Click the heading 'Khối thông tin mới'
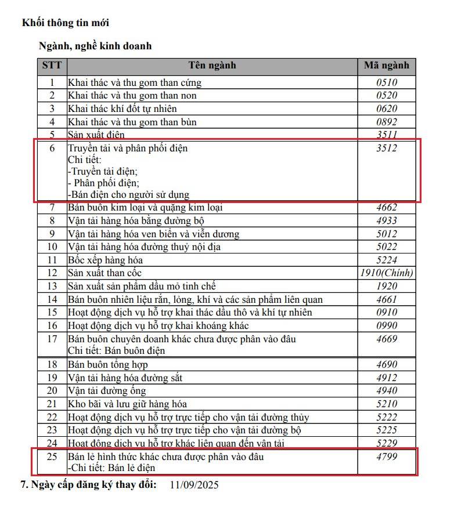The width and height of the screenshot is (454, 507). (x=66, y=23)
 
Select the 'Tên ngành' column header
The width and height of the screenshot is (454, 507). (x=212, y=65)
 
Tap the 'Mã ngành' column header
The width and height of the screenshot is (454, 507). (x=387, y=65)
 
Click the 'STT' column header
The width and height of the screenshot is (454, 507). (x=52, y=65)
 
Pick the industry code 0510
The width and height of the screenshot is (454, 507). (x=387, y=82)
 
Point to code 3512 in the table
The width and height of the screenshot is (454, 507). (x=387, y=148)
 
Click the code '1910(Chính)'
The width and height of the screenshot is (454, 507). (x=387, y=273)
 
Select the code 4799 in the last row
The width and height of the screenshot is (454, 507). (x=387, y=457)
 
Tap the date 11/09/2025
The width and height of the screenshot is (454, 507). (x=194, y=485)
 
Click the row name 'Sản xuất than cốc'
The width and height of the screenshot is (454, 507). (x=105, y=273)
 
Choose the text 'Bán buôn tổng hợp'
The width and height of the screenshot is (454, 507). (x=108, y=364)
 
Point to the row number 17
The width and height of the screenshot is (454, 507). (x=52, y=338)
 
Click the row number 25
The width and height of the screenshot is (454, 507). (x=52, y=457)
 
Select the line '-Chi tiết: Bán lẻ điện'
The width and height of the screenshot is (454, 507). (x=111, y=468)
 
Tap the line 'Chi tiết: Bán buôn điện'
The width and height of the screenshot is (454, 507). (x=116, y=350)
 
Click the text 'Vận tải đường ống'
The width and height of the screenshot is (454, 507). (x=107, y=390)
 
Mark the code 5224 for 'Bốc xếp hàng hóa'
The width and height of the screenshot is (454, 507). (x=387, y=260)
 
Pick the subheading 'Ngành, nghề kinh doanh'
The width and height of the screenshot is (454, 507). (x=95, y=46)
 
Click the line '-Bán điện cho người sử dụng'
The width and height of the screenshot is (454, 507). (x=128, y=194)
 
